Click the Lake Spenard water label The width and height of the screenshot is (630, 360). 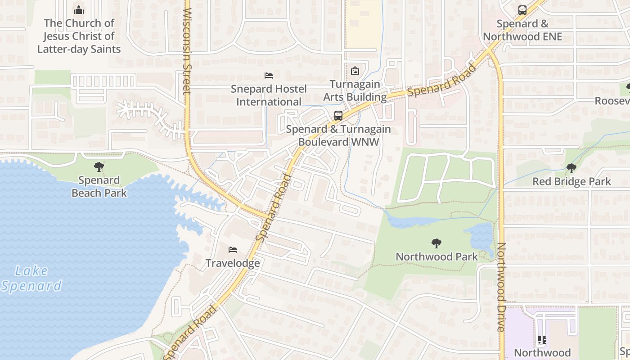tap(31, 278)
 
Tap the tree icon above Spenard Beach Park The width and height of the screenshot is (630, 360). tap(99, 167)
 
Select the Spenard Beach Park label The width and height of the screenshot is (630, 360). tap(99, 187)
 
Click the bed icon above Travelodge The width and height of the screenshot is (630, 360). tap(233, 250)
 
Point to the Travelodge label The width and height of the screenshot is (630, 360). tap(233, 263)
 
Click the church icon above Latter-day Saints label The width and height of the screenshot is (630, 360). tap(79, 10)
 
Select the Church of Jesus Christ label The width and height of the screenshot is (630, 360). tap(79, 36)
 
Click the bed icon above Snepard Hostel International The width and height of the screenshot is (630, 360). tap(269, 76)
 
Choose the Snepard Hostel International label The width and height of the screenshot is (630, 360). tap(269, 95)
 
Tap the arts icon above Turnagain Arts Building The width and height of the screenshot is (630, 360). tap(355, 71)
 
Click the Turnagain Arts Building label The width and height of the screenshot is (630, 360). tap(355, 90)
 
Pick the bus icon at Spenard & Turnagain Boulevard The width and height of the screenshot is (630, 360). tap(338, 116)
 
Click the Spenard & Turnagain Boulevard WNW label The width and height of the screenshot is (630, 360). tap(338, 135)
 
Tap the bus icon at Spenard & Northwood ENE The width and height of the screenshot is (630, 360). tap(522, 10)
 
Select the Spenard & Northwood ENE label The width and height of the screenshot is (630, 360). tap(522, 30)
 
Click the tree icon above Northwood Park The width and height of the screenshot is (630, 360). tap(436, 243)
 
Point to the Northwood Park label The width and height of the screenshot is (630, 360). tap(436, 257)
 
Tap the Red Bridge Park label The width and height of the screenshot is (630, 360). tap(571, 182)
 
